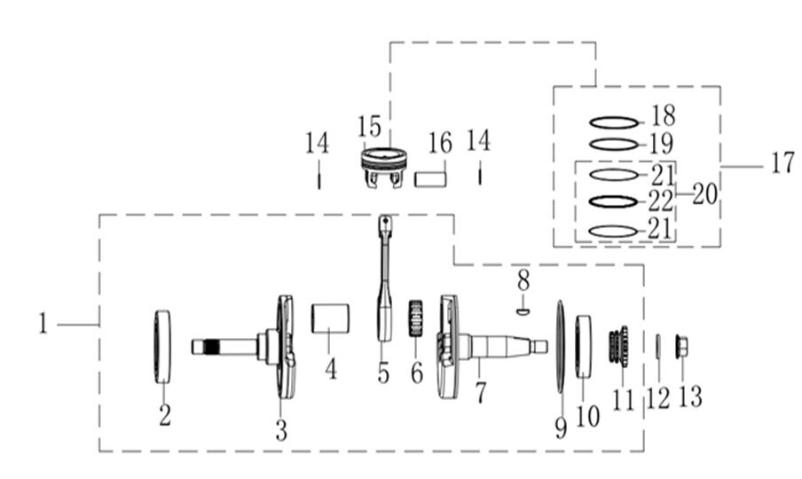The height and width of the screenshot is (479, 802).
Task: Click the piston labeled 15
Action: point(383,166)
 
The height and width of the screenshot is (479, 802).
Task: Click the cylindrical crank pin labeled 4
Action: point(329,317)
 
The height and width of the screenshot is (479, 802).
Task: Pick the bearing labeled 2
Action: point(162,347)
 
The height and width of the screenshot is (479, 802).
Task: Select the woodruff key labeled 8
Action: point(523,310)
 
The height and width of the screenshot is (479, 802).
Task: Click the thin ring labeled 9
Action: point(560,347)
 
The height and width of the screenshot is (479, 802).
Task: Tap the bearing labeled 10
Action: point(585,346)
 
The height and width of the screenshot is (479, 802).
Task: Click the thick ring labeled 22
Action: point(614,201)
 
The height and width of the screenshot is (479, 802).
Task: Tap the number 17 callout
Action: point(782,164)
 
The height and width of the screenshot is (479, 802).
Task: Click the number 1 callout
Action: point(43,325)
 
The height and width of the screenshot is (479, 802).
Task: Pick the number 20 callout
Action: point(704,195)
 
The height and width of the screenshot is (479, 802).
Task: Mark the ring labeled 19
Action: point(614,145)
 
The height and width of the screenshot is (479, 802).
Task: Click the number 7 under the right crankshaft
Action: point(480,391)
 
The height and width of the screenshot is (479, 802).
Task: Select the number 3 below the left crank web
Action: point(281,430)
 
